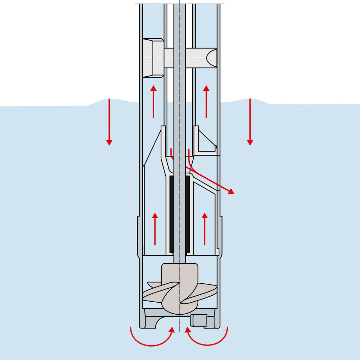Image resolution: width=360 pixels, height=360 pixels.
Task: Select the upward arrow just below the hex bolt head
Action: [x=153, y=102]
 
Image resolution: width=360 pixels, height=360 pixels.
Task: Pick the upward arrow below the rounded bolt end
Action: [x=206, y=102]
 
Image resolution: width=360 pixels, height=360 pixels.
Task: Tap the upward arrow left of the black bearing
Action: [x=155, y=229]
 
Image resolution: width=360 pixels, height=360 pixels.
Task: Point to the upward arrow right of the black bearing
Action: [x=205, y=229]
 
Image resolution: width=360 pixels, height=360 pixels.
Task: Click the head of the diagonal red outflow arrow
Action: [x=231, y=192]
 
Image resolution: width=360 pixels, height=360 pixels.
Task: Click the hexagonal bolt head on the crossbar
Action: [x=153, y=58]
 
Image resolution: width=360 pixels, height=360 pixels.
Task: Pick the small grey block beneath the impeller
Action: [x=198, y=320]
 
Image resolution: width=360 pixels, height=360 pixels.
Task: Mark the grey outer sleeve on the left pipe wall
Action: [x=140, y=236]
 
